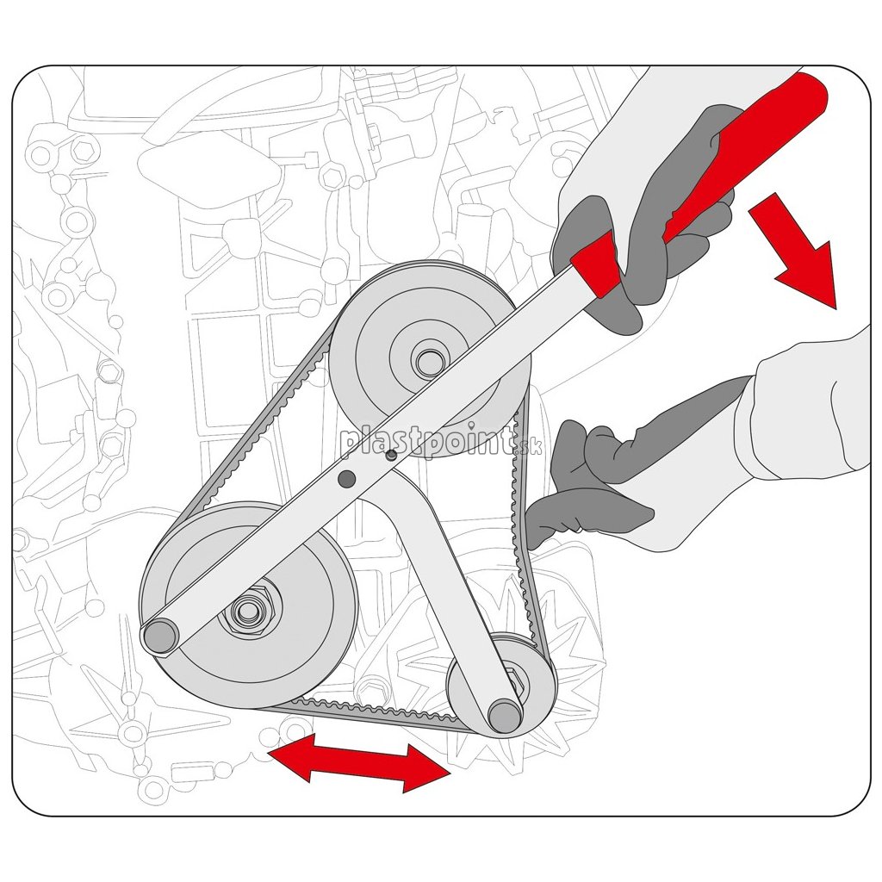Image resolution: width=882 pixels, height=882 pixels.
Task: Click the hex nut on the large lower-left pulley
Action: click(x=247, y=610)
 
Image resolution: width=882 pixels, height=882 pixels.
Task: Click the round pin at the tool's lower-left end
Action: click(x=161, y=636)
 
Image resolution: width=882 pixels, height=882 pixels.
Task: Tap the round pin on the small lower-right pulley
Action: click(x=506, y=716)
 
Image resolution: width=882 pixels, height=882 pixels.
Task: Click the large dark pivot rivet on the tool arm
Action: click(x=346, y=479)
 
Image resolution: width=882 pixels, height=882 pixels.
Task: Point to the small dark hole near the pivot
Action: click(x=390, y=455)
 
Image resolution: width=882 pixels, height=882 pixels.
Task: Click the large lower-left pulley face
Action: click(x=247, y=605)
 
